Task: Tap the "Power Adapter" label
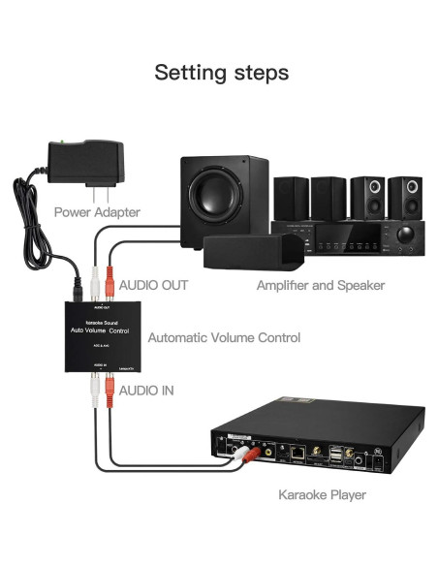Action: (97, 211)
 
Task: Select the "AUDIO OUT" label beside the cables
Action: (153, 285)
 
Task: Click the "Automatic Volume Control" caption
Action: (224, 337)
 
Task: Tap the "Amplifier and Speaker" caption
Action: (321, 285)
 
